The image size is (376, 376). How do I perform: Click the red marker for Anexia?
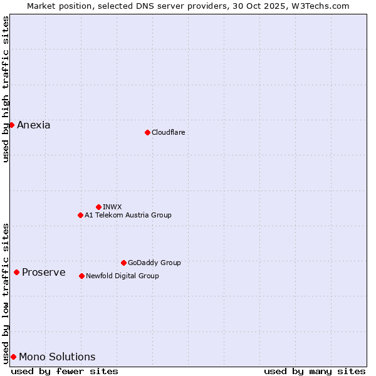[x=11, y=125]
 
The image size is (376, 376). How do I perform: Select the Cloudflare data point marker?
[x=147, y=132]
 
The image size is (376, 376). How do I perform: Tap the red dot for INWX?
[x=98, y=207]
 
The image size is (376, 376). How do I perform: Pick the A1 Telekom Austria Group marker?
[x=80, y=215]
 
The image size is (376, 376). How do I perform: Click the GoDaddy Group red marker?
[x=123, y=263]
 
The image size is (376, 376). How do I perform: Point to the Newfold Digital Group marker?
[x=81, y=276]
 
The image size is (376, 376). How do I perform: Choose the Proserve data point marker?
[x=16, y=272]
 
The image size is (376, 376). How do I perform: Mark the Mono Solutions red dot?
[x=13, y=357]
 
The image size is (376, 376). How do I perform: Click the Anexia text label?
[x=34, y=125]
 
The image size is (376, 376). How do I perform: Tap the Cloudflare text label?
[x=169, y=132]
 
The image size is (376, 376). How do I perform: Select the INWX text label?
[x=112, y=207]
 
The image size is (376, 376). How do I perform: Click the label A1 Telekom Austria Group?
[x=128, y=215]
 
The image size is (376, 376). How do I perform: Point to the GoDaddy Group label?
[x=154, y=263]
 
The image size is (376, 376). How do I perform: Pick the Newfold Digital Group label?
[x=122, y=276]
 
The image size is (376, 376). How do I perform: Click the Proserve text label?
[x=44, y=272]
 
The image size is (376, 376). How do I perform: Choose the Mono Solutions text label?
[x=57, y=357]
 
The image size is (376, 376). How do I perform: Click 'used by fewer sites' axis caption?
[x=65, y=371]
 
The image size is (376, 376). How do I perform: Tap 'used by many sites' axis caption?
[x=315, y=371]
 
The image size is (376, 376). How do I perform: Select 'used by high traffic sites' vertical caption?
[x=6, y=89]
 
